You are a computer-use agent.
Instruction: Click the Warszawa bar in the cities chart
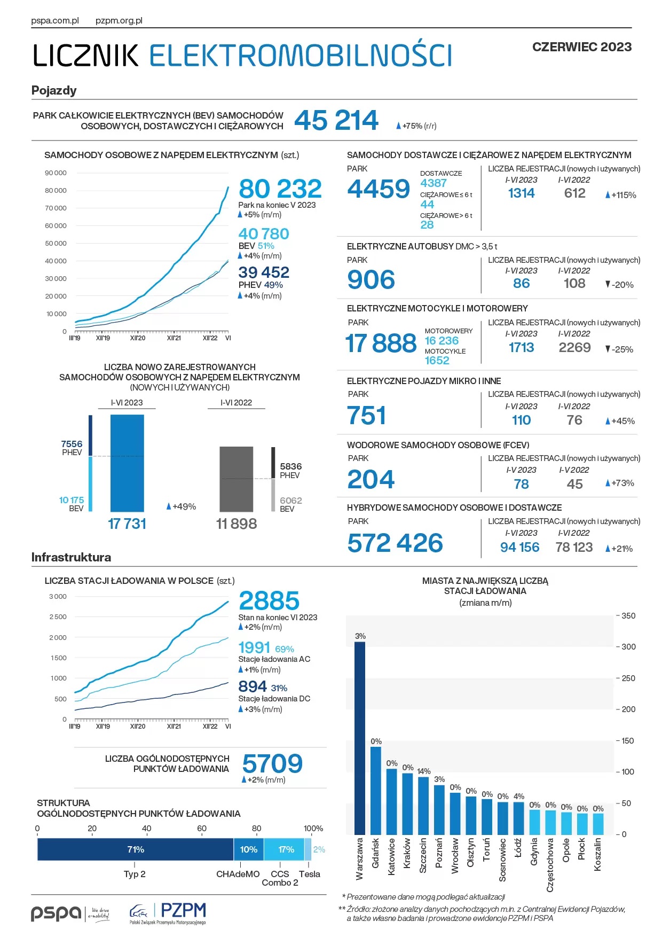click(x=360, y=737)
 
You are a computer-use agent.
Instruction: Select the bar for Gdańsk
click(x=376, y=790)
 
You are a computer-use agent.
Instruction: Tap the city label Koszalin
click(x=598, y=854)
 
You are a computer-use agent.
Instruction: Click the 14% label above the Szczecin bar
click(x=424, y=771)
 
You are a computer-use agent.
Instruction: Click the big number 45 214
click(x=336, y=120)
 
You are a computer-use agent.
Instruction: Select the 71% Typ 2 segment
click(x=136, y=849)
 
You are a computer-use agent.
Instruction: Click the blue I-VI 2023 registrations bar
click(x=127, y=463)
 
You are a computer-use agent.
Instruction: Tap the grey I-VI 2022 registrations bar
click(x=236, y=479)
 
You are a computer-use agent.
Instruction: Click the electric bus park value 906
click(x=371, y=280)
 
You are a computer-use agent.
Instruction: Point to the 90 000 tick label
click(x=56, y=173)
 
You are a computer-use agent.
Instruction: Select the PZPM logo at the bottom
click(x=169, y=912)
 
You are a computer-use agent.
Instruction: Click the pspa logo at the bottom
click(x=56, y=913)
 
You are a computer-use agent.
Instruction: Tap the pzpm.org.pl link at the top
click(x=119, y=21)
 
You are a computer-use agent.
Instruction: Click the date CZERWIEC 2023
click(x=581, y=47)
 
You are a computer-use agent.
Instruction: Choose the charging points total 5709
click(x=272, y=764)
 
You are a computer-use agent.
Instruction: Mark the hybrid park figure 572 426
click(x=395, y=543)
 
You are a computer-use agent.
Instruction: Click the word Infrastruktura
click(x=71, y=557)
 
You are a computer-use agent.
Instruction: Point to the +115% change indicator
click(x=621, y=195)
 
